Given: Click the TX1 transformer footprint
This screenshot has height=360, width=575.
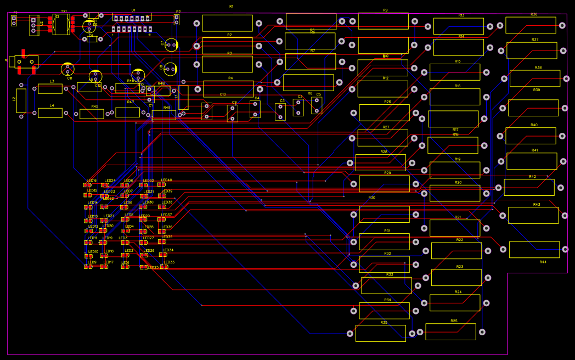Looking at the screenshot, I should coord(61,25).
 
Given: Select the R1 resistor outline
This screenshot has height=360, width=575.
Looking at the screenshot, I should coord(227,23).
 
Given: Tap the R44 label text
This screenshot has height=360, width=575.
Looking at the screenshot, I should coord(543,262).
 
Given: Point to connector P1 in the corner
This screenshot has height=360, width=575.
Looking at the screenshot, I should coord(14,20).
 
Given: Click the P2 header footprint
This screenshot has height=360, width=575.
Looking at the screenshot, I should coord(177,20).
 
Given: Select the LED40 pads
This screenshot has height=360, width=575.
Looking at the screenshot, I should coord(162,184).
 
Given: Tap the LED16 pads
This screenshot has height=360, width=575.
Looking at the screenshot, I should coord(88,185).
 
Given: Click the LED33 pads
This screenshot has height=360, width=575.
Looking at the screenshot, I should coord(164,267).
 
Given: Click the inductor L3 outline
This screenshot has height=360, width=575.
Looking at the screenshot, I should coord(50,89).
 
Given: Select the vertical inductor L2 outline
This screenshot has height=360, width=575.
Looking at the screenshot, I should coord(21,100).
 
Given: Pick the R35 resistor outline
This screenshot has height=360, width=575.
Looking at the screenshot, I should coord(380,333).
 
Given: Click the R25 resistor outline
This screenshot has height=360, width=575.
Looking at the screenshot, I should coord(450,331).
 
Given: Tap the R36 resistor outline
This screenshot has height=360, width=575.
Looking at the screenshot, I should coord(531,25).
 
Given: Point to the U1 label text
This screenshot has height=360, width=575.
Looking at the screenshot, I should coord(133,10).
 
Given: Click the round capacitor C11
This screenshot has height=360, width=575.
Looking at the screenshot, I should coord(67,69).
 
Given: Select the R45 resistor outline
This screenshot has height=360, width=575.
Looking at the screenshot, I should coord(92,114).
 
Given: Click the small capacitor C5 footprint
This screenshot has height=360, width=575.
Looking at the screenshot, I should coord(317,105).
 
